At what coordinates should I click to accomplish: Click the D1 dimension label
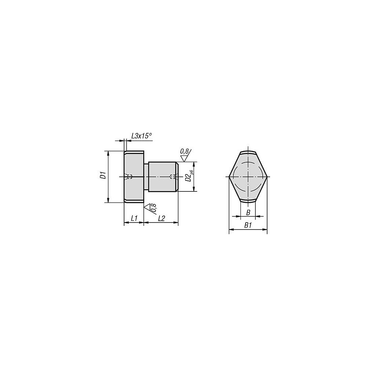[103, 175]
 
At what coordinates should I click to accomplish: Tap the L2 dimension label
[161, 218]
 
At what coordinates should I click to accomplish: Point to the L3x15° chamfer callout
[141, 136]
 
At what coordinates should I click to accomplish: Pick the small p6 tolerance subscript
[192, 172]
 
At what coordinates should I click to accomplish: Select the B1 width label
[248, 225]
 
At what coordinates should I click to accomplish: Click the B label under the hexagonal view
[248, 212]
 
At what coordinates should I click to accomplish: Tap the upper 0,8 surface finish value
[184, 152]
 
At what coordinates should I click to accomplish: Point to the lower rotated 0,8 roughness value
[154, 208]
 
